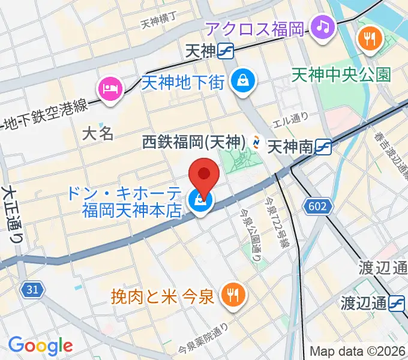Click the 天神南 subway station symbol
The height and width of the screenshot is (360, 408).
pos(324,145)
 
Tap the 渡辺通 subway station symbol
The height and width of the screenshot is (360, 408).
pos(397,304)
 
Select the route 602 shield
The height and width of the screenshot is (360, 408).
pos(319,206)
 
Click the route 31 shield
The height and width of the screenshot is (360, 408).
pos(33,289)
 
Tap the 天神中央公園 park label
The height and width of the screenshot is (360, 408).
pos(341,74)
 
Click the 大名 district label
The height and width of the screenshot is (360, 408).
pos(98,133)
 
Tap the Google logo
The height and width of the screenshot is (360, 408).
pos(40,346)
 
